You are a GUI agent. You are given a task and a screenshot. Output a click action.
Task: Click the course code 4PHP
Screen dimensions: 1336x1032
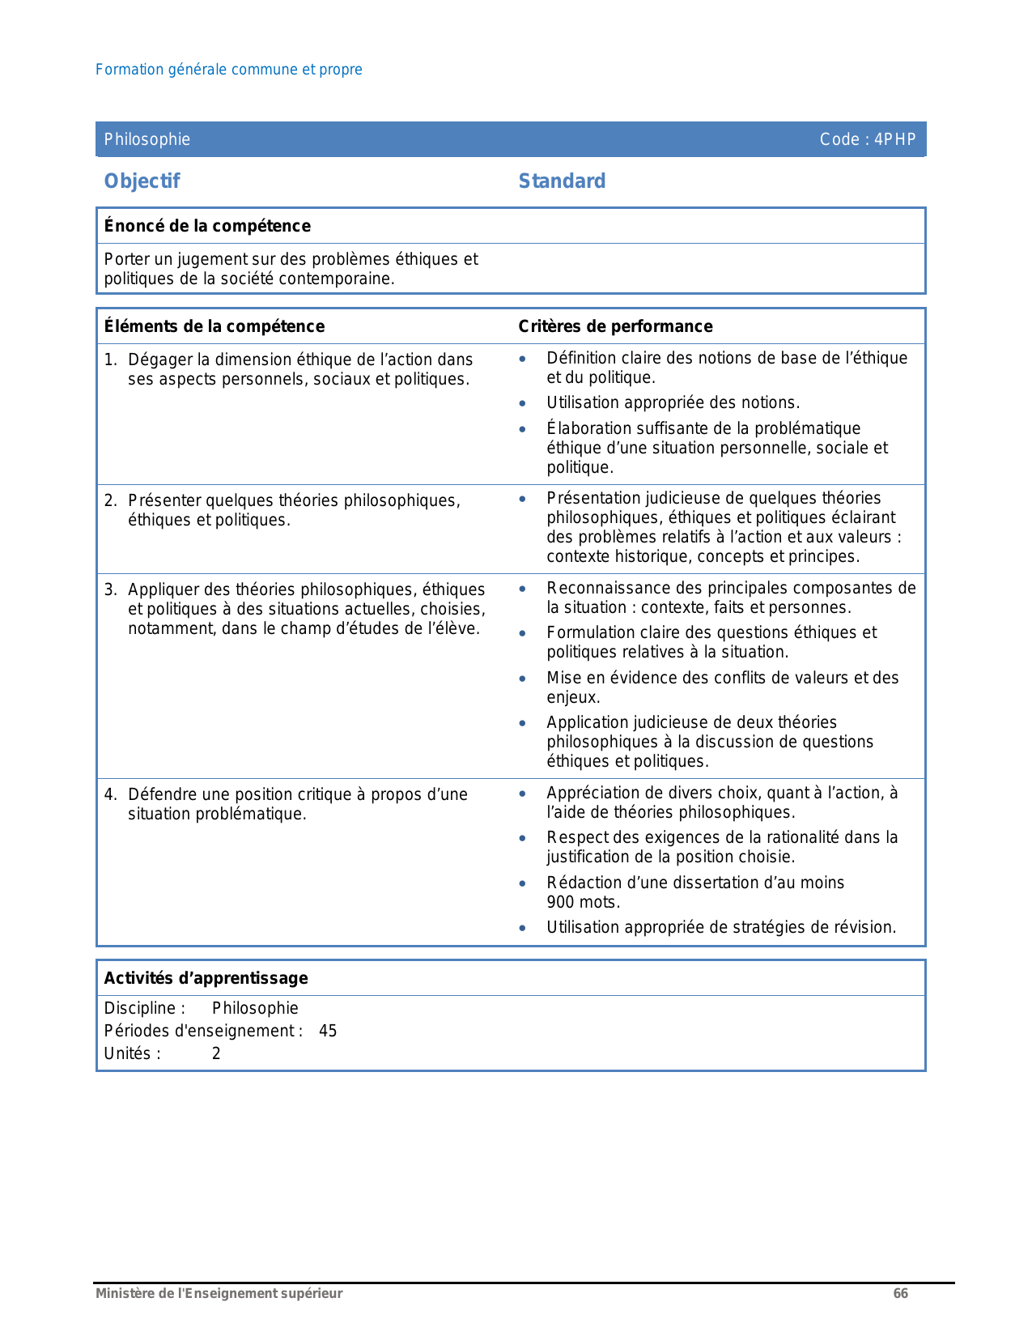pyautogui.click(x=895, y=139)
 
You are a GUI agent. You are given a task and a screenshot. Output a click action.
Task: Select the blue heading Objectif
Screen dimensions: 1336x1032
pyautogui.click(x=142, y=181)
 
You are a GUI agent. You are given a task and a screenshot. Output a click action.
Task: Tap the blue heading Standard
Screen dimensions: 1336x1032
pyautogui.click(x=562, y=181)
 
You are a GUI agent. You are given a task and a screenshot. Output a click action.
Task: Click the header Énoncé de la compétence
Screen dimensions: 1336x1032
pyautogui.click(x=207, y=226)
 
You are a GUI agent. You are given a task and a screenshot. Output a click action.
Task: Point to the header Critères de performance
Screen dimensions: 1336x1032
pyautogui.click(x=615, y=326)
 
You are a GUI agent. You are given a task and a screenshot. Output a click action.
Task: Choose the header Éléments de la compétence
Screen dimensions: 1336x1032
pyautogui.click(x=214, y=326)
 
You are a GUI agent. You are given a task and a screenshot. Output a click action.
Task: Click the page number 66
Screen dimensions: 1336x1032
pyautogui.click(x=900, y=1293)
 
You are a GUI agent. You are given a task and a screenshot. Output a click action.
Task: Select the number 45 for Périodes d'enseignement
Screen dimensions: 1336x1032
pyautogui.click(x=328, y=1031)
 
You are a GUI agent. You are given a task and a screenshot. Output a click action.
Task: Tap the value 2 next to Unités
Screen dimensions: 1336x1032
pyautogui.click(x=216, y=1053)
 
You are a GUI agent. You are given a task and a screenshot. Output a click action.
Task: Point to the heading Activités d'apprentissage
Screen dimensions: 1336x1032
pyautogui.click(x=206, y=978)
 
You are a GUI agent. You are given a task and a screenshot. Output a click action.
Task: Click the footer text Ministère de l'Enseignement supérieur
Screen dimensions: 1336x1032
pyautogui.click(x=219, y=1293)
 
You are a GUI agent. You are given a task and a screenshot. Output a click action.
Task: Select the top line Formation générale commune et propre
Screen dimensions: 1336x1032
pyautogui.click(x=229, y=70)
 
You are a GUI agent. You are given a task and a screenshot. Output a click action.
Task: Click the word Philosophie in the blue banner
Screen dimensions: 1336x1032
pyautogui.click(x=147, y=139)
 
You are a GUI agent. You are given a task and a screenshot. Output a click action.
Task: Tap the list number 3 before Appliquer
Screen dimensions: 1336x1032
pyautogui.click(x=109, y=589)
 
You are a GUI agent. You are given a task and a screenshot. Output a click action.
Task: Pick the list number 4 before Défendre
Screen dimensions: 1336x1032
pyautogui.click(x=109, y=794)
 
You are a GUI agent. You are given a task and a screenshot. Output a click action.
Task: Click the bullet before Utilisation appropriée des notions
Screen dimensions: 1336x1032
pyautogui.click(x=523, y=403)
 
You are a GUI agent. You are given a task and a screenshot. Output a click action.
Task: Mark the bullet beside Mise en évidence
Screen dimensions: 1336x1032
pyautogui.click(x=523, y=679)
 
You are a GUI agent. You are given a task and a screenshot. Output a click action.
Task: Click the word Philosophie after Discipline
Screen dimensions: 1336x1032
pyautogui.click(x=255, y=1008)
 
